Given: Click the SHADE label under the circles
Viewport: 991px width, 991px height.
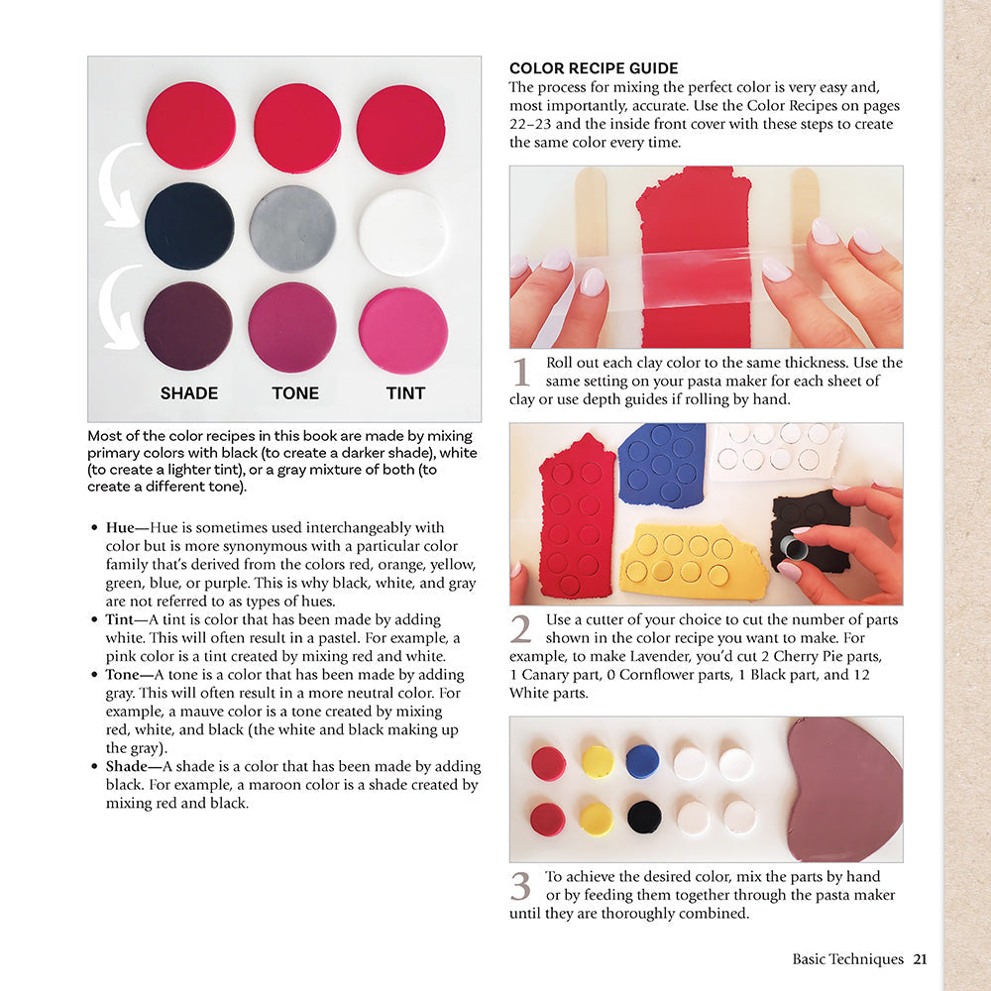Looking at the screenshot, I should point(189,393).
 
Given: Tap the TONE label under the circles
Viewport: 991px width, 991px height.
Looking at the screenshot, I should point(295,393).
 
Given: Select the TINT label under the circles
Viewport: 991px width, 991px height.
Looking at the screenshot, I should point(405,393).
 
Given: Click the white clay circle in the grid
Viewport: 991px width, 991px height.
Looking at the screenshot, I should point(402,232).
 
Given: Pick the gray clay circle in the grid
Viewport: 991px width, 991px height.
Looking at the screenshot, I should point(293,229).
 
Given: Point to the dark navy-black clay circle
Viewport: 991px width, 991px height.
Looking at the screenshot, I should point(189,226).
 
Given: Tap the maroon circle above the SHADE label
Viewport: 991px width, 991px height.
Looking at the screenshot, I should point(188,326).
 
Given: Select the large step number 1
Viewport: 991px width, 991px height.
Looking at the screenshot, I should point(522,373).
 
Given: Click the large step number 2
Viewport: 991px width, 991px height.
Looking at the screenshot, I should point(521,630).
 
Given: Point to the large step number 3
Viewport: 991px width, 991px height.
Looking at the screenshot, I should point(521,886).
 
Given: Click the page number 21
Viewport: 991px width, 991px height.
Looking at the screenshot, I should point(920,958).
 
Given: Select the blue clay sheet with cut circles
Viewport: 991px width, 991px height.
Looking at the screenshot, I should point(660,461).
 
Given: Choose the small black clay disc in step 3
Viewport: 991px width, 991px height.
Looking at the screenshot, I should point(644,816).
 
